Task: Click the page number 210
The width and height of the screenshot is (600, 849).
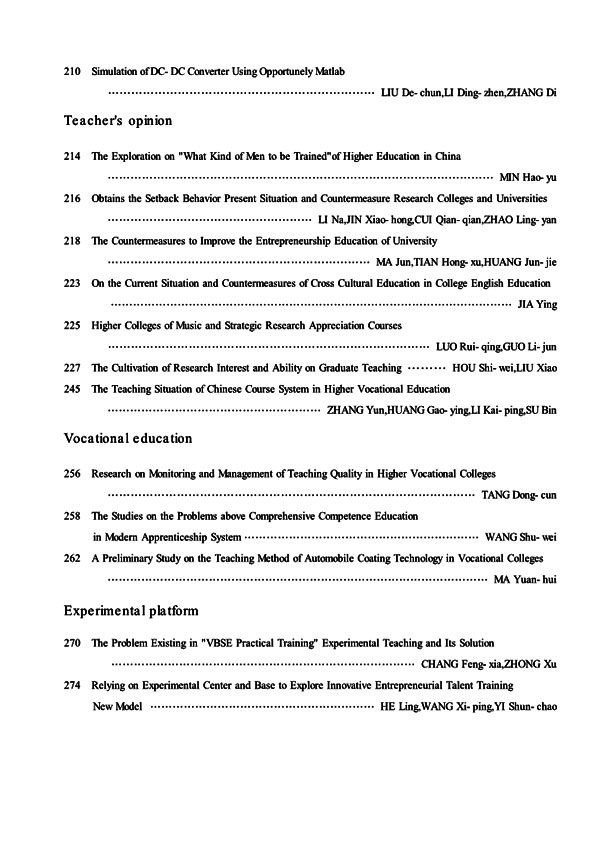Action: [x=71, y=73]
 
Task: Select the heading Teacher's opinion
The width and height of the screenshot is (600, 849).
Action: [x=118, y=121]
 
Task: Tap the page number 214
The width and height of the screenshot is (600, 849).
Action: [x=71, y=157]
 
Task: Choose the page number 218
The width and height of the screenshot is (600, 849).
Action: [x=71, y=241]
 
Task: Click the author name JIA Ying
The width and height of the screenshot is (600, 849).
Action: [x=535, y=304]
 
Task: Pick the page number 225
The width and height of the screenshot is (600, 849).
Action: [x=71, y=326]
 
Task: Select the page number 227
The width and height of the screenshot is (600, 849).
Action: [x=71, y=368]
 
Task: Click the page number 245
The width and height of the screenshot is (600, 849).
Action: [x=71, y=389]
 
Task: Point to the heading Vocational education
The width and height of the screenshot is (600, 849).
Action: [x=128, y=438]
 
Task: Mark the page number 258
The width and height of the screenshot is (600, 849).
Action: [x=71, y=516]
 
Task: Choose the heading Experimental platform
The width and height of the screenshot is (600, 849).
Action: [x=131, y=609]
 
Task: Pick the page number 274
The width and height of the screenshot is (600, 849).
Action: [x=71, y=686]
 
